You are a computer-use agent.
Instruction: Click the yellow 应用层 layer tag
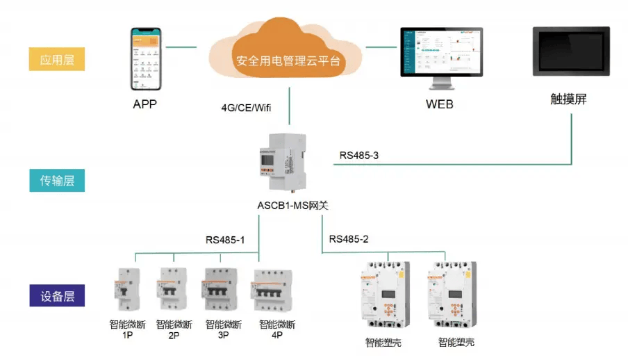(58, 59)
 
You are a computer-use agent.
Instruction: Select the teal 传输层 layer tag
(58, 181)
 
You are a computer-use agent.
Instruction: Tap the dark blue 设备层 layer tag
(58, 296)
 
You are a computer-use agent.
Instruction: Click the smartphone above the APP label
(147, 58)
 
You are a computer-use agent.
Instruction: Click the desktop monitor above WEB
(440, 58)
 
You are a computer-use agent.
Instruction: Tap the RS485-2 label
(349, 239)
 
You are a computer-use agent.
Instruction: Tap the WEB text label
(440, 105)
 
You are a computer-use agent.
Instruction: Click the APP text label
(145, 105)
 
